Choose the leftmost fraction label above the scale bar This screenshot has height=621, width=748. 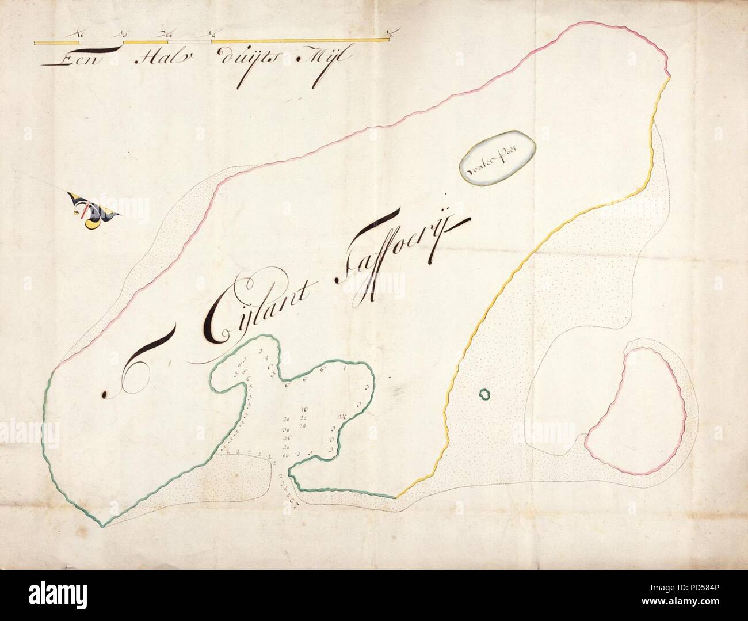[78, 35]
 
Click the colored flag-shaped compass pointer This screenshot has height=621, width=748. [92, 210]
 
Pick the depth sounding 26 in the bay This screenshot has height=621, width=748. [285, 438]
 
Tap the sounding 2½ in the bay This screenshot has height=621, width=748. [342, 417]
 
